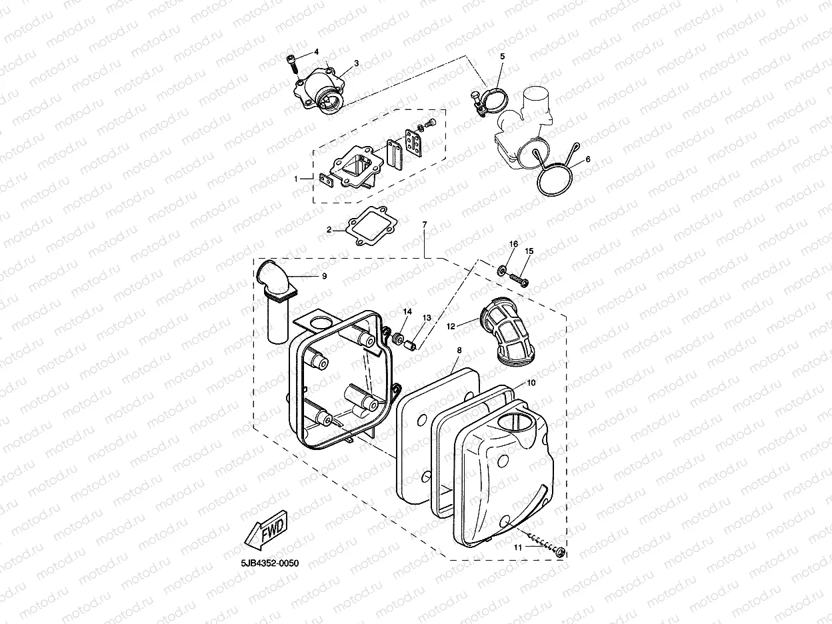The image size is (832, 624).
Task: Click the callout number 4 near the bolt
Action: (316, 51)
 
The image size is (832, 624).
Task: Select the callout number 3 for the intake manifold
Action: (356, 63)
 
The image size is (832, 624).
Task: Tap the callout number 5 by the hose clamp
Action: (503, 57)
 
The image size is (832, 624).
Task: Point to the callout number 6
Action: (587, 160)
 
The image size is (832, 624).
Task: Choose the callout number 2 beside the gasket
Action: (329, 229)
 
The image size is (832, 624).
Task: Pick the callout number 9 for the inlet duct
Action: (324, 275)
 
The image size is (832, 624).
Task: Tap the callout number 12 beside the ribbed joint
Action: (451, 326)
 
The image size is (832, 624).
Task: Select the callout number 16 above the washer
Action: (513, 245)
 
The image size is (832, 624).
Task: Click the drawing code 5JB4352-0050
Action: (270, 563)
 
